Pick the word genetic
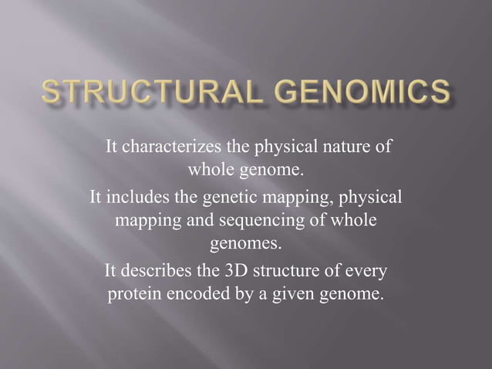tap(228, 198)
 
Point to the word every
tap(366, 273)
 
